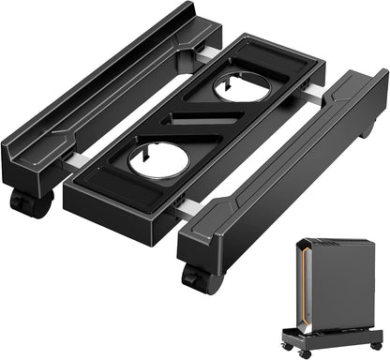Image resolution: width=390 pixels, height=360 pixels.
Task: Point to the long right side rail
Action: [x=281, y=178]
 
